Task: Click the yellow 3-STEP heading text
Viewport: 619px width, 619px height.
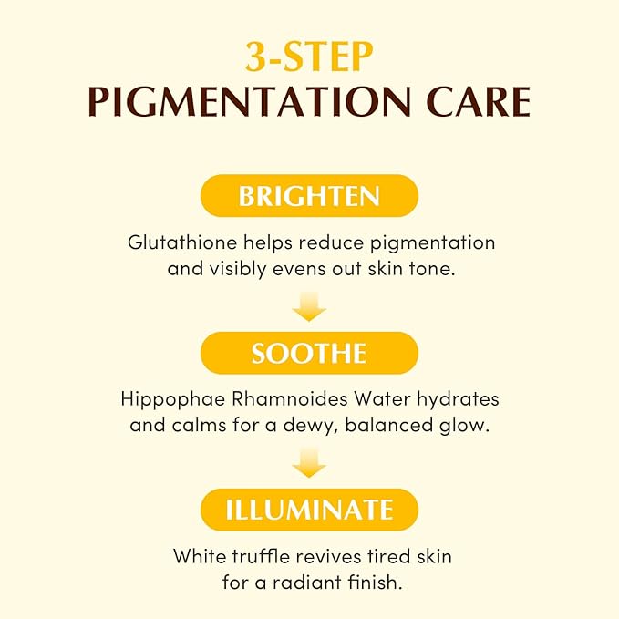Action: click(309, 57)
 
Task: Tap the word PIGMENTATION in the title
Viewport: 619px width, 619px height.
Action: click(249, 102)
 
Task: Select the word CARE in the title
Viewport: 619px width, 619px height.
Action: click(479, 102)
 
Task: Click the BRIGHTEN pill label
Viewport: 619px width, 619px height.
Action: click(309, 196)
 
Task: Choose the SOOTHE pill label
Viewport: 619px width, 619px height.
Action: click(309, 353)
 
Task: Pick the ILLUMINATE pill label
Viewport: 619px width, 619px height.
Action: click(309, 510)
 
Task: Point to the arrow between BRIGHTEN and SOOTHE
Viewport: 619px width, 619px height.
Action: click(309, 306)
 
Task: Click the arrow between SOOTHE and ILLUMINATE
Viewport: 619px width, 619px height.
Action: click(309, 463)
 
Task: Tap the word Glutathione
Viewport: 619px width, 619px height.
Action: click(182, 242)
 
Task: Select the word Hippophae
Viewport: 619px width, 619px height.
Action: click(173, 400)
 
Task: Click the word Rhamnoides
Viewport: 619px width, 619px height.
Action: click(289, 399)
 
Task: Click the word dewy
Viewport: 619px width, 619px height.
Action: click(312, 427)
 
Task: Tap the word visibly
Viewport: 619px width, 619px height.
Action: click(237, 270)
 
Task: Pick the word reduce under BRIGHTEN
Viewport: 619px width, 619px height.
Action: click(331, 242)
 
